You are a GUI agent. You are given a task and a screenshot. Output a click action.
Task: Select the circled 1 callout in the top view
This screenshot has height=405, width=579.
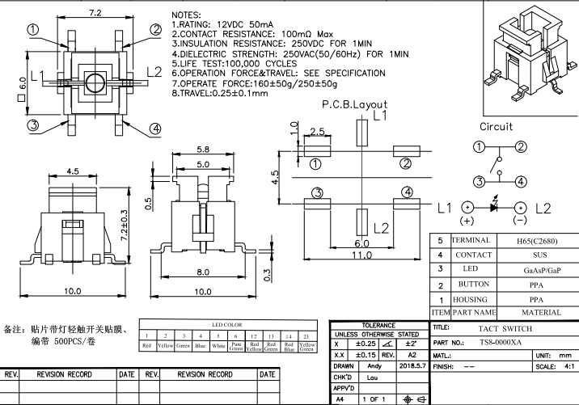33,30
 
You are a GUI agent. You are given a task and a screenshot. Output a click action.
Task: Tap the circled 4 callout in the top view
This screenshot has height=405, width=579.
154,128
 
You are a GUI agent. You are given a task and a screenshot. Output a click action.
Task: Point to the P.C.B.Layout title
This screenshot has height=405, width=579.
354,104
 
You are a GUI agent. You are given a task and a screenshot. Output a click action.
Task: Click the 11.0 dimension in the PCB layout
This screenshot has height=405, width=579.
361,255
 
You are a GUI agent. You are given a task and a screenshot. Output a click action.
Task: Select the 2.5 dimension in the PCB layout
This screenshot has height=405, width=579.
317,131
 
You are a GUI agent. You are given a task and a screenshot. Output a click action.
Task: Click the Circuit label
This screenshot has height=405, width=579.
496,127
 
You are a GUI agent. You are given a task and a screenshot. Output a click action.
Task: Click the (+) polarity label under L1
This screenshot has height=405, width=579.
467,220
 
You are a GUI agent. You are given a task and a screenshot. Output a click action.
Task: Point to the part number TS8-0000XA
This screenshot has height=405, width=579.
501,343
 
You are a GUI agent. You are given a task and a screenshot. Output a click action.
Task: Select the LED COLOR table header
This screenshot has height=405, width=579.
227,324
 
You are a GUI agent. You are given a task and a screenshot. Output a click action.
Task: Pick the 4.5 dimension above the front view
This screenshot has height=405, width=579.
73,171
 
